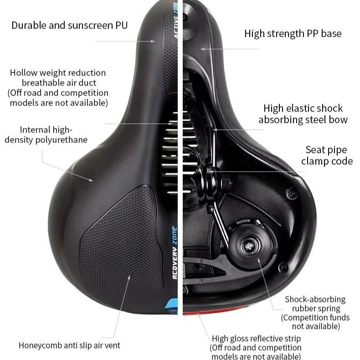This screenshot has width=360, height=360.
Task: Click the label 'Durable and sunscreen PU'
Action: point(69,25)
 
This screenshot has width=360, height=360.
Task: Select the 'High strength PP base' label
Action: point(293,33)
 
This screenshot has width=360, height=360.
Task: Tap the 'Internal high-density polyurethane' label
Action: point(46,135)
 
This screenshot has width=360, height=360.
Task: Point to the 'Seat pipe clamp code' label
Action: point(326,155)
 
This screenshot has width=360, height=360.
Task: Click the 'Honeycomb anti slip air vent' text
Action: point(69,345)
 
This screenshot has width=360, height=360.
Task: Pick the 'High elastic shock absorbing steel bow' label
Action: point(303,114)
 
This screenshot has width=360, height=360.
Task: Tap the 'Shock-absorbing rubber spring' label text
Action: point(315,304)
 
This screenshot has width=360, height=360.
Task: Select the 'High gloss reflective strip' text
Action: point(256,339)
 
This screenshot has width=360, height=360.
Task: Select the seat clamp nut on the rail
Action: point(224,184)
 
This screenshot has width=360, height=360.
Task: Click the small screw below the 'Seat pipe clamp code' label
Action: point(290,195)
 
